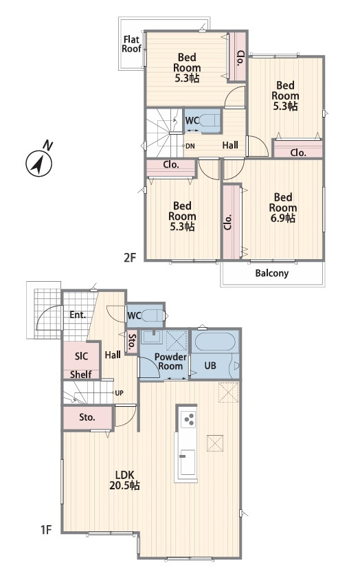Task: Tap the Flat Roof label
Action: (x=131, y=44)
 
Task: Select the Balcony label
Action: (x=272, y=273)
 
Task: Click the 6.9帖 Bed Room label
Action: (x=282, y=208)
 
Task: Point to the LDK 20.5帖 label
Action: (x=124, y=480)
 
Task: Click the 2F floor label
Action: (x=130, y=257)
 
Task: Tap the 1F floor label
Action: (x=46, y=530)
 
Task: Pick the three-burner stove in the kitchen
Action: (x=189, y=419)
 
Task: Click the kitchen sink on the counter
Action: (x=188, y=463)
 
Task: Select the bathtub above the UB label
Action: (x=215, y=342)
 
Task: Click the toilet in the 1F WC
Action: (x=152, y=315)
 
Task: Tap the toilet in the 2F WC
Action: (x=210, y=120)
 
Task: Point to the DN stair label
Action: (x=190, y=146)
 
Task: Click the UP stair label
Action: (x=119, y=393)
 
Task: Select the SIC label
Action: (x=81, y=356)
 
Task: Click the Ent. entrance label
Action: (x=78, y=315)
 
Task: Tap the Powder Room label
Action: (x=170, y=362)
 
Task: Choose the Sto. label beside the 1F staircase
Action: (x=87, y=418)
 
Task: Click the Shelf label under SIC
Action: (x=80, y=375)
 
